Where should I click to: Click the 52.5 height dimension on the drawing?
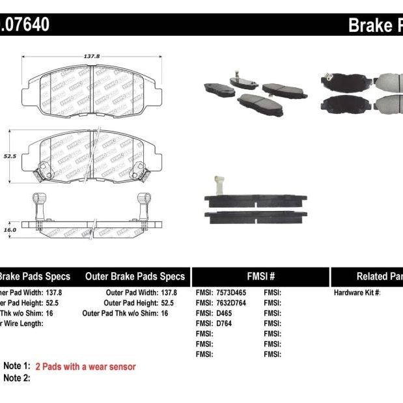(8, 156)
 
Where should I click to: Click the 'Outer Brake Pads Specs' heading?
(135, 276)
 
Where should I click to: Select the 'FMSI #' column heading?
(260, 276)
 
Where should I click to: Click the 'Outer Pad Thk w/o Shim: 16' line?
(126, 313)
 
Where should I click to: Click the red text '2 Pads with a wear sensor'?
(85, 367)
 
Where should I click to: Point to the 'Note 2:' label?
(17, 378)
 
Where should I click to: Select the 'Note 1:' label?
(17, 367)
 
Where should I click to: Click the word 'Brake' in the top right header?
(369, 26)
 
